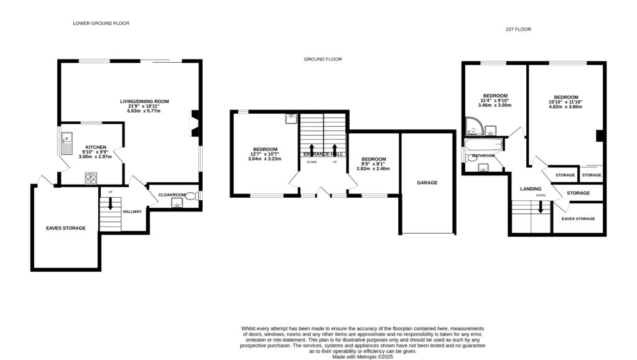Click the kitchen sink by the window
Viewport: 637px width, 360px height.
(x=66, y=144)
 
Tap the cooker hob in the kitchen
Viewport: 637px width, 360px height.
(x=90, y=178)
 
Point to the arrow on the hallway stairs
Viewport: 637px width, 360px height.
(x=111, y=202)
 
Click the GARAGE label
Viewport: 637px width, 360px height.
(x=427, y=183)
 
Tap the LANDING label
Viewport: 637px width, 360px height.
(x=531, y=189)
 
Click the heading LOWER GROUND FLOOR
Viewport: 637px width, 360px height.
(x=101, y=23)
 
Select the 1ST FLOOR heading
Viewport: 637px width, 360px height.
(x=518, y=29)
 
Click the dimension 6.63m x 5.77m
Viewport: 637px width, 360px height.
(x=144, y=111)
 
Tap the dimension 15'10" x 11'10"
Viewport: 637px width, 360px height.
(x=565, y=102)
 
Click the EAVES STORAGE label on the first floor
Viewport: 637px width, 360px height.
(x=578, y=219)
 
